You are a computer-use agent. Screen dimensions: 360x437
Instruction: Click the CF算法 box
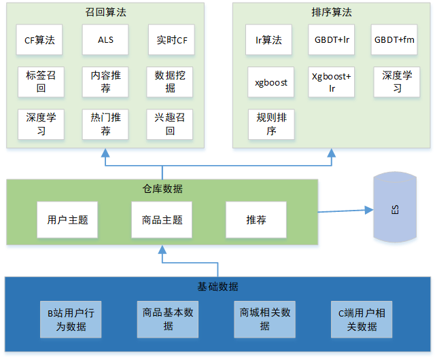click(40, 40)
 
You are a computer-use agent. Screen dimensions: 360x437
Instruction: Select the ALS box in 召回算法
click(105, 40)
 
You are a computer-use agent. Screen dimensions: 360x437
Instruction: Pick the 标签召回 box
click(40, 82)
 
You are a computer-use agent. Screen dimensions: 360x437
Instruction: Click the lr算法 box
click(268, 40)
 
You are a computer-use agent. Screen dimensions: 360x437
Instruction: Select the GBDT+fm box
click(395, 40)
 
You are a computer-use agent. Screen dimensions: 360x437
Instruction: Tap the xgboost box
click(271, 82)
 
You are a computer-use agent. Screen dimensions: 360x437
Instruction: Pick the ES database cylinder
click(395, 209)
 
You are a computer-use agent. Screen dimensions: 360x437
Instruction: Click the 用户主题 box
click(67, 220)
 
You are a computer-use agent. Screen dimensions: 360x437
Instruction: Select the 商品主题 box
click(162, 220)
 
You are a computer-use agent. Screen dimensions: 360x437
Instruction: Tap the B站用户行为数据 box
click(71, 319)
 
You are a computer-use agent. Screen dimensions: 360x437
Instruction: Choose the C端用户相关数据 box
click(362, 319)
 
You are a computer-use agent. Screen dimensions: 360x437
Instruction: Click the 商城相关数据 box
click(264, 319)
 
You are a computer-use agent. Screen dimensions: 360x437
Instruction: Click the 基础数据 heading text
click(217, 286)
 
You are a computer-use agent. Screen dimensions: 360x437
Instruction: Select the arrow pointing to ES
click(343, 211)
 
